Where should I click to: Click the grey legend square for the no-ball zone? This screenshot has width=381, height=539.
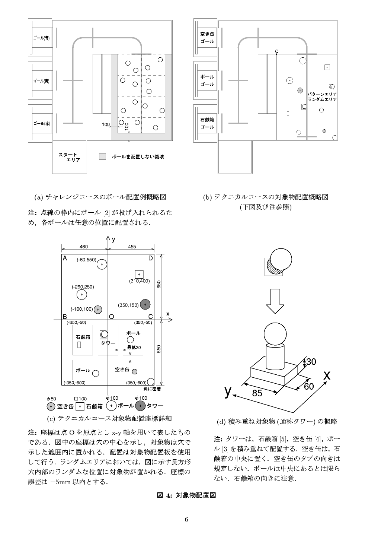(103, 156)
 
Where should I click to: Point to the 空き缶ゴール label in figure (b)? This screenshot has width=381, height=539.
(207, 38)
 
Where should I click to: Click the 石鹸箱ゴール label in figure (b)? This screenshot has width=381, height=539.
(207, 123)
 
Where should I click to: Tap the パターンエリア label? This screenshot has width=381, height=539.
(322, 94)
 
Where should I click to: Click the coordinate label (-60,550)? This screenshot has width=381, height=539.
(86, 260)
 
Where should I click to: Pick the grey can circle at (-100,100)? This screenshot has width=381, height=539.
(98, 309)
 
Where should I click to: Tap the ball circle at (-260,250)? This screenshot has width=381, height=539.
(81, 295)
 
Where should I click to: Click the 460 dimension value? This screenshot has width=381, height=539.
(84, 246)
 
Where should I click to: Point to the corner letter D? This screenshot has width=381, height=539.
(150, 258)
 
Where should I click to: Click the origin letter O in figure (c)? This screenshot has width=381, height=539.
(111, 317)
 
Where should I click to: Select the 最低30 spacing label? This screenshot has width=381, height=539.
(134, 347)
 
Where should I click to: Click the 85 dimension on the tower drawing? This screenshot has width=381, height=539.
(257, 393)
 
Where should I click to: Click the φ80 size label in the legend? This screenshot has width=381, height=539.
(51, 399)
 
